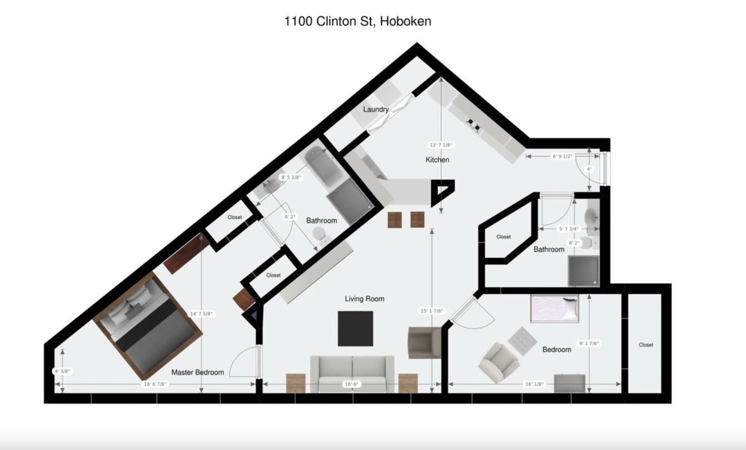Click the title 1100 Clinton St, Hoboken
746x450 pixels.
point(358,22)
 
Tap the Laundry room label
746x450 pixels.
point(376,109)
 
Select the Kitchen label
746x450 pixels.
point(437,160)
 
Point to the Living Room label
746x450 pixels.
point(364,299)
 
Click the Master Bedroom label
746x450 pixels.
point(198,372)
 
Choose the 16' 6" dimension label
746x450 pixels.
point(351,384)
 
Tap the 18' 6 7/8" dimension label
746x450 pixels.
point(155,384)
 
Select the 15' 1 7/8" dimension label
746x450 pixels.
point(432,311)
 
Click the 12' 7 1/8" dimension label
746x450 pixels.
point(441,145)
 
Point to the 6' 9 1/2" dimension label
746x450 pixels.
point(562,156)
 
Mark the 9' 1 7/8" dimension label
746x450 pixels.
point(589,343)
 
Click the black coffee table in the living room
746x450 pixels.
point(355,329)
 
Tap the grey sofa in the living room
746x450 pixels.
point(352,374)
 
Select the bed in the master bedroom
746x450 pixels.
point(148,326)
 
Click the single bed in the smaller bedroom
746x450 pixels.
point(555,308)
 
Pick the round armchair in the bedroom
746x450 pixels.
point(499,363)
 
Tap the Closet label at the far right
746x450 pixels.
point(646,345)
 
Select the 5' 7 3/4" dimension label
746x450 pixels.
point(569,229)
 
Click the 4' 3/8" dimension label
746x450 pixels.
point(62,371)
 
